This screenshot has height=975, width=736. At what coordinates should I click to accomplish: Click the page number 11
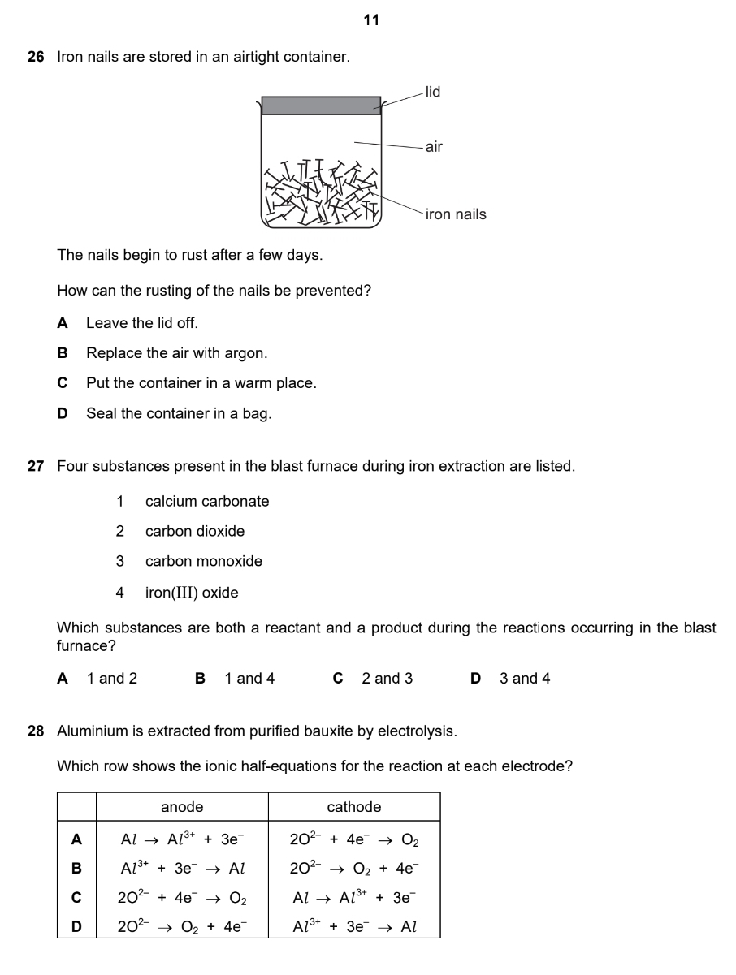tap(371, 20)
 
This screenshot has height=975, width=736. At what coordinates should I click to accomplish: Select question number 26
tap(36, 58)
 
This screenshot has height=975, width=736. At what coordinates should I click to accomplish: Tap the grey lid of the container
tap(321, 106)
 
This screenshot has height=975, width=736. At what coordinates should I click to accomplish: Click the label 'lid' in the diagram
tap(433, 93)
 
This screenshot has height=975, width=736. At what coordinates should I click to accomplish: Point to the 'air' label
tap(435, 147)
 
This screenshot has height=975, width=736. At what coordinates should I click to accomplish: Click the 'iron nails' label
tap(456, 214)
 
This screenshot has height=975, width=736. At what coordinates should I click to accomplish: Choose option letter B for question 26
tap(63, 353)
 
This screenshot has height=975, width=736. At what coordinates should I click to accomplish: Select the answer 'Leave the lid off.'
tap(142, 323)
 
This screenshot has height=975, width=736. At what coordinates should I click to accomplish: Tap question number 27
tap(36, 467)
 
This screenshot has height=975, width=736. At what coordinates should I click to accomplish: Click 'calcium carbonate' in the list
tap(207, 502)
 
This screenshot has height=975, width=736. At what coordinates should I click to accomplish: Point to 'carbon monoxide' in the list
tap(204, 561)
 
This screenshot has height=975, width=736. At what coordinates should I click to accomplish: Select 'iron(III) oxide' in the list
tap(192, 593)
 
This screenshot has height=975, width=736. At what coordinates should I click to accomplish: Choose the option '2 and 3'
tap(387, 679)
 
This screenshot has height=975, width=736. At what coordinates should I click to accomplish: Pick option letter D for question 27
tap(476, 679)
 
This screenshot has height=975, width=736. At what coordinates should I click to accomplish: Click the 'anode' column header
tap(182, 807)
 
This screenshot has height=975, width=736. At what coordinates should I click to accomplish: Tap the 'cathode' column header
tap(354, 807)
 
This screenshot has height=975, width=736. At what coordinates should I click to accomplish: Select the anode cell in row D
tap(182, 926)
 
